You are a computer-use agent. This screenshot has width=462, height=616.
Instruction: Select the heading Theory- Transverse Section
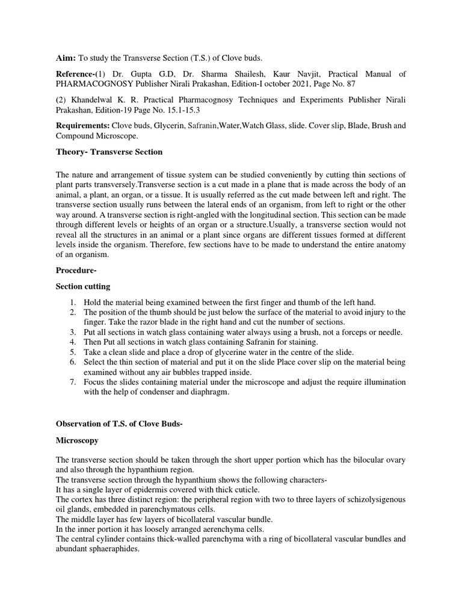click(109, 152)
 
